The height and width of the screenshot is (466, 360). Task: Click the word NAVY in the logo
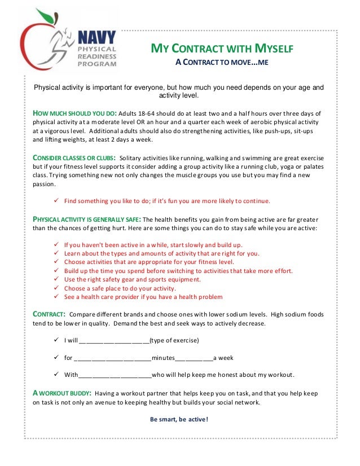96,38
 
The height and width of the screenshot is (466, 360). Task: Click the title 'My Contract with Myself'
221,49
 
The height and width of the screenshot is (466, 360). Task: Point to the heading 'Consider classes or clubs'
74,157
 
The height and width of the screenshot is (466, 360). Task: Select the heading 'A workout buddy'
60,393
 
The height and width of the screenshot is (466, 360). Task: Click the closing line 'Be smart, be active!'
179,419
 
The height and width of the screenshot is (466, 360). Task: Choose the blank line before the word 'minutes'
113,358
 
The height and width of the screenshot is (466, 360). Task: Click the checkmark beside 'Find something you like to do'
55,201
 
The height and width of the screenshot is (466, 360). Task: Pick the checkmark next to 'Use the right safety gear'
55,279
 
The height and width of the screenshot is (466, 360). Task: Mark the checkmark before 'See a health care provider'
55,297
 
